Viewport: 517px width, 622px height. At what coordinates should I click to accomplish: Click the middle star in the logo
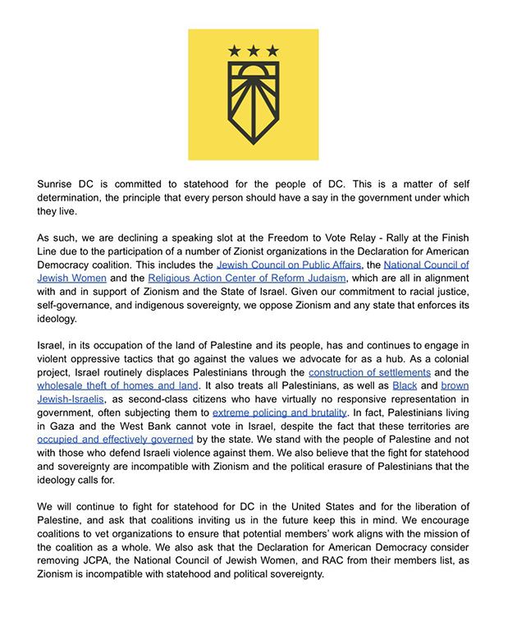click(x=254, y=51)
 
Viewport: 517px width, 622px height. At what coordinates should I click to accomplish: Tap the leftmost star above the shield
click(x=235, y=51)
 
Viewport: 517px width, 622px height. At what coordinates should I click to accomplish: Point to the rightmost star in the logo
click(x=272, y=51)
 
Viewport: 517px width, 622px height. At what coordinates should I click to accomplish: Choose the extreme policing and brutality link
click(x=279, y=412)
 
